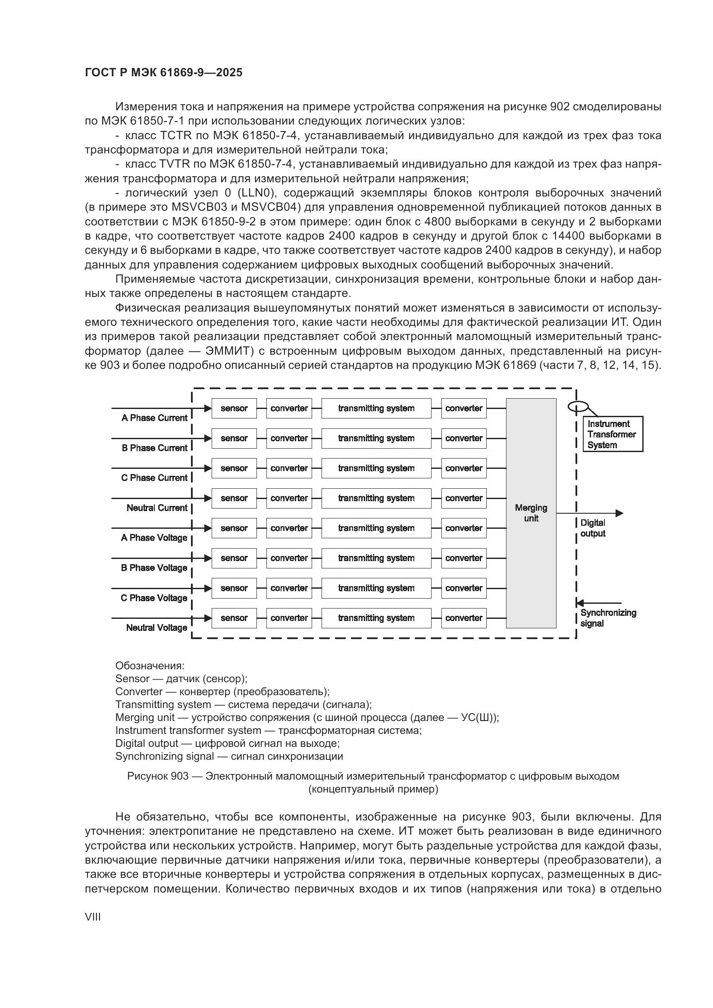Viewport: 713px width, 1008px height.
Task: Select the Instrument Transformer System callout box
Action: [x=613, y=434]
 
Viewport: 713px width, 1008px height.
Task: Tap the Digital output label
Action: [x=593, y=528]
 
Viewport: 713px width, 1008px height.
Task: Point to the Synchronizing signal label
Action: [x=608, y=618]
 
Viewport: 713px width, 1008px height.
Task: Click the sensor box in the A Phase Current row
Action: [x=234, y=408]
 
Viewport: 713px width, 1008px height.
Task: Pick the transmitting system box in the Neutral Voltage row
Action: [x=376, y=618]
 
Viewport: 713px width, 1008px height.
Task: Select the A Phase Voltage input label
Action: [x=154, y=538]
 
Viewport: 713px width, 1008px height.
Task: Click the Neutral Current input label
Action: [x=157, y=508]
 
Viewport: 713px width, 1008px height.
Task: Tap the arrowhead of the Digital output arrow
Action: [x=619, y=513]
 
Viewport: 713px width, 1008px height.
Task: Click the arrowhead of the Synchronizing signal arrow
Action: [x=580, y=603]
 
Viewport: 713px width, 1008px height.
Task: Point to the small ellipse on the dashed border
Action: [x=575, y=407]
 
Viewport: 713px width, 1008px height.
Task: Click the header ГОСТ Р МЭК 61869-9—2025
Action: [x=163, y=73]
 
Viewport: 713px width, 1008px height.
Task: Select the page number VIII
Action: [x=93, y=917]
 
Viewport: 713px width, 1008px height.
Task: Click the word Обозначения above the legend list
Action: [x=150, y=665]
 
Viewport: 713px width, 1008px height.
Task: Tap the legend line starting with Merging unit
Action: [x=307, y=718]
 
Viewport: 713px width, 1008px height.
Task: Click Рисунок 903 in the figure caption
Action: [x=158, y=776]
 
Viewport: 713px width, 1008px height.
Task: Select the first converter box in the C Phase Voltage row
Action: [x=289, y=588]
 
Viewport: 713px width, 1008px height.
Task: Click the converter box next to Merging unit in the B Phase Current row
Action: [x=464, y=438]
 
